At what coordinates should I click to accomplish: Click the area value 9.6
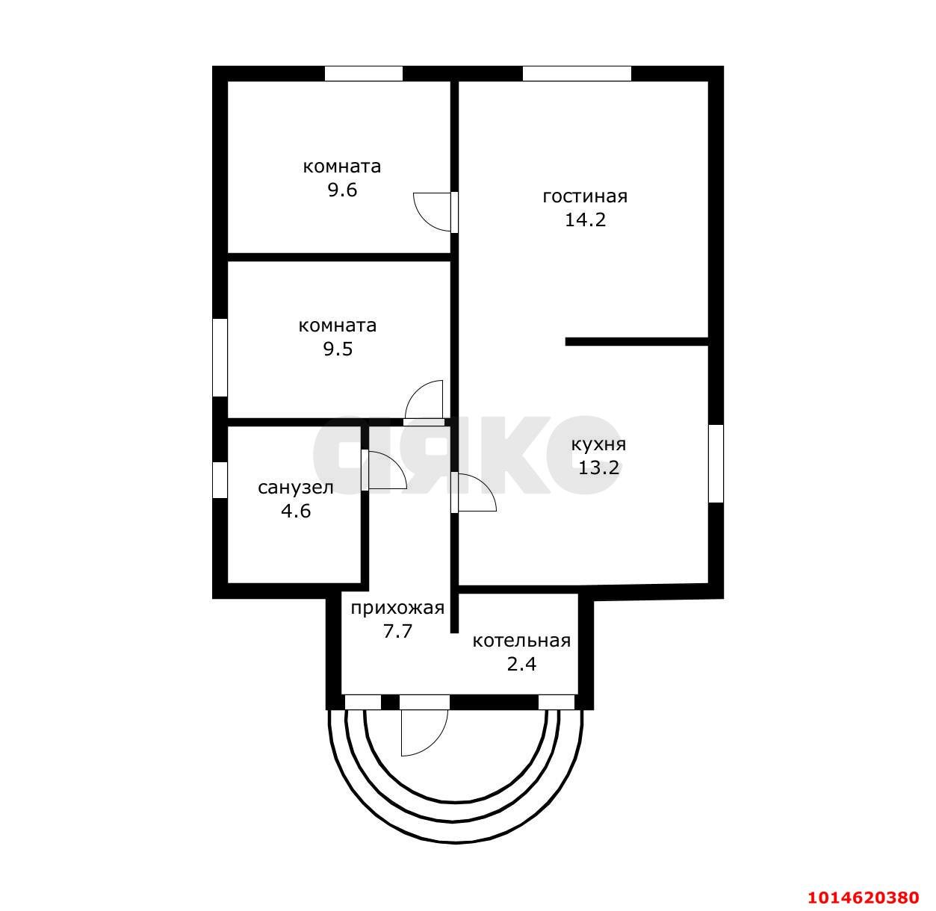pos(342,190)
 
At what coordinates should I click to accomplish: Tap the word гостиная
pos(585,196)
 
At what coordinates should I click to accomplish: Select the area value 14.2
pos(585,220)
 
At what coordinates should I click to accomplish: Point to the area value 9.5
pos(338,349)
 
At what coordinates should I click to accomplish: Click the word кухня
pos(598,445)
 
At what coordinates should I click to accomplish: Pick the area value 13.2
pos(598,467)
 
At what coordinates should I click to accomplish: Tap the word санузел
pos(296,488)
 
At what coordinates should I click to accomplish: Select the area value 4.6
pos(296,511)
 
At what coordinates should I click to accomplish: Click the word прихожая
pos(397,608)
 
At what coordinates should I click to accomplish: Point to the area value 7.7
pos(397,631)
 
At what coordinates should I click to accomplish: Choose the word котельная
pos(521,641)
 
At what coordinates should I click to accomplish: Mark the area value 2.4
pos(521,665)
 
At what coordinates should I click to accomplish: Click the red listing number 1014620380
pos(862,897)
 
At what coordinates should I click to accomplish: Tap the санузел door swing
pos(383,470)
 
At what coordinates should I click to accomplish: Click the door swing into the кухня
pos(474,492)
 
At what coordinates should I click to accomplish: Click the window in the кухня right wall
pos(716,464)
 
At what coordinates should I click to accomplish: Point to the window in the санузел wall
pos(220,480)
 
